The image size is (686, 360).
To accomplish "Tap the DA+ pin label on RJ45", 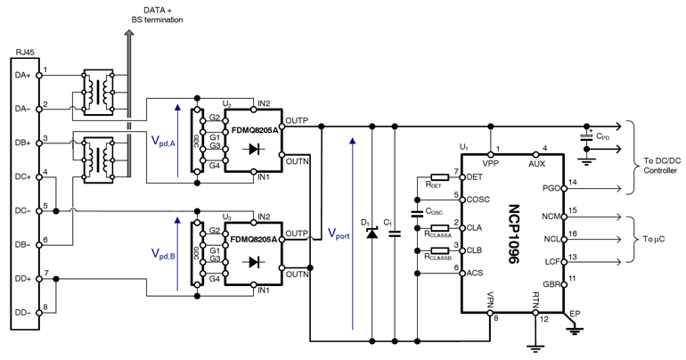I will click(22, 75).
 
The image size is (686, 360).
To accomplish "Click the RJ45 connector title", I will click(22, 54).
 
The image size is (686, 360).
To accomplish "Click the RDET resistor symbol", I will click(438, 176).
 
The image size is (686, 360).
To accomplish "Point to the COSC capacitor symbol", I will click(416, 213).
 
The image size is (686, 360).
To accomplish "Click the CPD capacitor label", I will click(603, 136).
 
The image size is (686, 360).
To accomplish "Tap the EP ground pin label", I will click(575, 314).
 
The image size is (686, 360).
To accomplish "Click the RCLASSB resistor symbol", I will click(438, 252).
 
